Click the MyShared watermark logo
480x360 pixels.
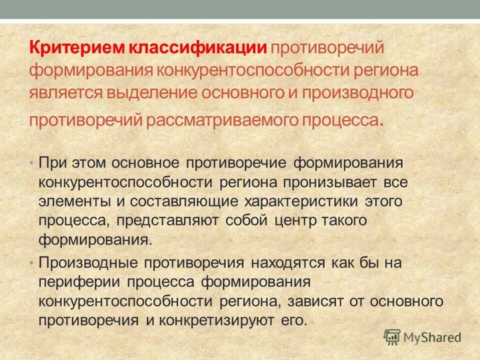(x=422, y=336)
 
